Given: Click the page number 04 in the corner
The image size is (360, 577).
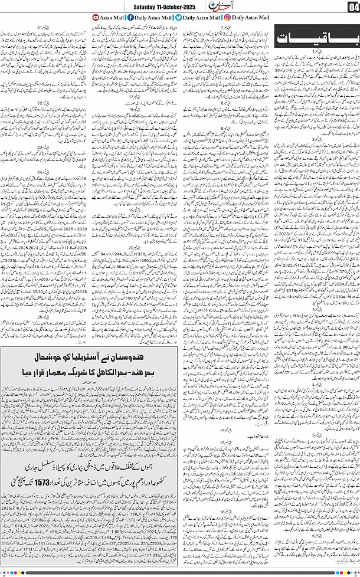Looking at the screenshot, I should click(x=352, y=8).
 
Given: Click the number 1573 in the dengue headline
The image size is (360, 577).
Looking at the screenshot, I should click(x=59, y=497).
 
